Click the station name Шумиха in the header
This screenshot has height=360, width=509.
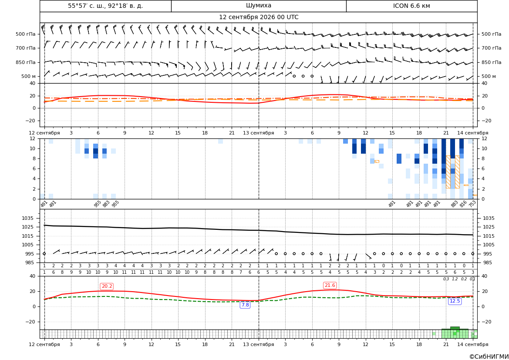tap(259, 6)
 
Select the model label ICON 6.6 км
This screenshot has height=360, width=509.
tap(411, 6)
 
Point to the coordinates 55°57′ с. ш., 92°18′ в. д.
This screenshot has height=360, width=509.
tap(105, 6)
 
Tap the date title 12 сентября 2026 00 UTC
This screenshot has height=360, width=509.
tap(259, 17)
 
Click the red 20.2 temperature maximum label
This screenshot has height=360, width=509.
tap(107, 286)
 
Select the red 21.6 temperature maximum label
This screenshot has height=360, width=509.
tap(330, 285)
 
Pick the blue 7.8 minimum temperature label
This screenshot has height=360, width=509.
tap(245, 305)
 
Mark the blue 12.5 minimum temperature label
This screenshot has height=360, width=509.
tap(455, 301)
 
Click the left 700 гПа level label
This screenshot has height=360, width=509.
tap(26, 48)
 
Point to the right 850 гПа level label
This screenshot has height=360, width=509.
tap(492, 62)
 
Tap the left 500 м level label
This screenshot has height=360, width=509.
tap(28, 76)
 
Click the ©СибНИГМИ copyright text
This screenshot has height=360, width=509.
tap(489, 357)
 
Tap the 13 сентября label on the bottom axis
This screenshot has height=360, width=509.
tap(259, 344)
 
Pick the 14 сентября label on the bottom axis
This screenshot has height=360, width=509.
tap(473, 344)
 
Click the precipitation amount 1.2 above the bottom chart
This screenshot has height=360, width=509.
tap(455, 279)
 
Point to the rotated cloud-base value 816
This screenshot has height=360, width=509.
tap(463, 204)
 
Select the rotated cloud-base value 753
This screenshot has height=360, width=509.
tap(472, 204)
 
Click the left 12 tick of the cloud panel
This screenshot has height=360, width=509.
tap(33, 138)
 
